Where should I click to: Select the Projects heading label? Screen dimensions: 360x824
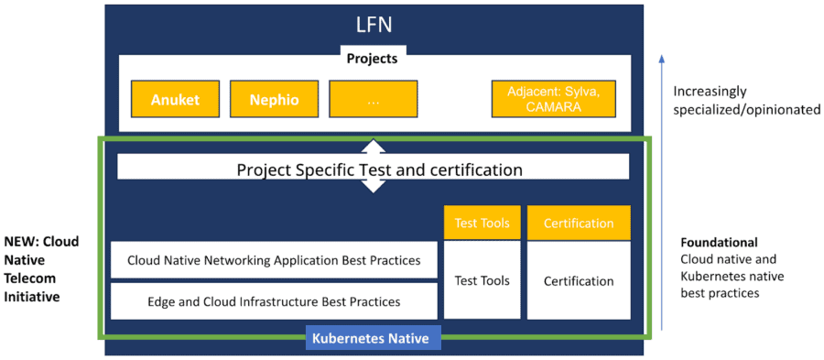(x=372, y=59)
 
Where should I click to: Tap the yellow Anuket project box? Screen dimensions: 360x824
(x=174, y=100)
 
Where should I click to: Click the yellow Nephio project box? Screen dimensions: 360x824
(x=274, y=100)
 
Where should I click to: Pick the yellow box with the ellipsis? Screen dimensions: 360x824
(x=373, y=100)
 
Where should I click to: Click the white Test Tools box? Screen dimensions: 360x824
(x=482, y=280)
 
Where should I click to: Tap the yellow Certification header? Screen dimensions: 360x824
(x=579, y=223)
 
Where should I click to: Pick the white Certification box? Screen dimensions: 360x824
(x=579, y=280)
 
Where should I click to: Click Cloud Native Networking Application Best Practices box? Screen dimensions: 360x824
(x=274, y=260)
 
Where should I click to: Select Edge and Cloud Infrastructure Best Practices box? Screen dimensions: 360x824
(x=274, y=300)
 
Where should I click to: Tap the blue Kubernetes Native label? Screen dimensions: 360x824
(x=373, y=339)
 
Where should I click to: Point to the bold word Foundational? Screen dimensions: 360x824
(x=719, y=243)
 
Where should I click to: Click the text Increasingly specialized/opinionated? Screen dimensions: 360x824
(x=747, y=100)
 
